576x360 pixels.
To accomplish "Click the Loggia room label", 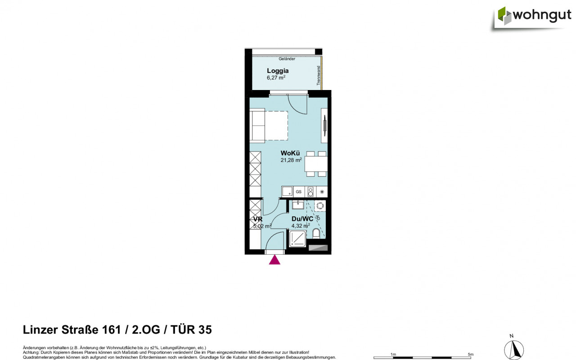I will [278, 71].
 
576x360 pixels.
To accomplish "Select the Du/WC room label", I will [302, 219].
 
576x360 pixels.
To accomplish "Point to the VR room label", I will [257, 219].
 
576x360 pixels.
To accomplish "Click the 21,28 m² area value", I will [291, 159].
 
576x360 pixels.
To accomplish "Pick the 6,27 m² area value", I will [276, 77].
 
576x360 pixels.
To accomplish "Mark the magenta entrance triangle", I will [274, 260].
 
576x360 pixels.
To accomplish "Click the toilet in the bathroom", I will [316, 234].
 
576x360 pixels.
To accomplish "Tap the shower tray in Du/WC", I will [297, 238].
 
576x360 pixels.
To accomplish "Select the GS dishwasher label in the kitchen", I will [298, 192].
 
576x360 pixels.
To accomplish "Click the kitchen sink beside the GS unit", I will [287, 192].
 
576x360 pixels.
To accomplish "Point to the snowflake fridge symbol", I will [322, 192].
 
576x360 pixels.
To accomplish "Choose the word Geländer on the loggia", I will [287, 59].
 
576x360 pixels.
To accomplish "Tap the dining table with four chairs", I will [316, 164].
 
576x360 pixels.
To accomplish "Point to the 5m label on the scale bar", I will [470, 355].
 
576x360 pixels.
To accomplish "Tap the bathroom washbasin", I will [298, 206].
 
